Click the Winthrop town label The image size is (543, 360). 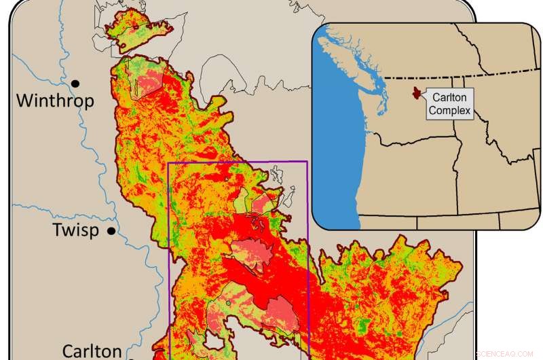pyautogui.click(x=55, y=102)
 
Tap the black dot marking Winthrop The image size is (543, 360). pyautogui.click(x=75, y=83)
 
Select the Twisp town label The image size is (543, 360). pyautogui.click(x=75, y=230)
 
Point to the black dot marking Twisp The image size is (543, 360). pyautogui.click(x=111, y=231)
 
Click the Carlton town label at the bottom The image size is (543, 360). pyautogui.click(x=92, y=350)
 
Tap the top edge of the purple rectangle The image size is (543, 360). pyautogui.click(x=238, y=162)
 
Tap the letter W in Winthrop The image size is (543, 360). pyautogui.click(x=24, y=102)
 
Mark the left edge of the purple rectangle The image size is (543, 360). pyautogui.click(x=168, y=258)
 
